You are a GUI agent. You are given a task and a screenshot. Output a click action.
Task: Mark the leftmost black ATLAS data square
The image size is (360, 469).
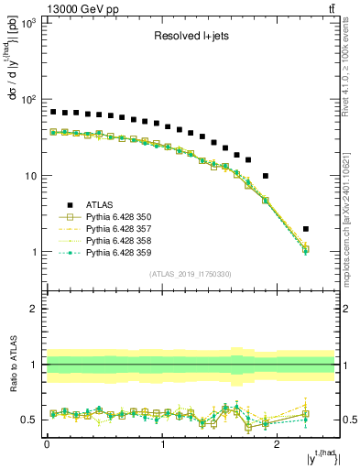tap(53, 112)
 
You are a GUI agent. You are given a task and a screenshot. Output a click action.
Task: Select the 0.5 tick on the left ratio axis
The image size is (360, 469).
tap(29, 420)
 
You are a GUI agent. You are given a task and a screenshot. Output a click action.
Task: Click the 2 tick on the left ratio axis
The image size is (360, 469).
tap(33, 309)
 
